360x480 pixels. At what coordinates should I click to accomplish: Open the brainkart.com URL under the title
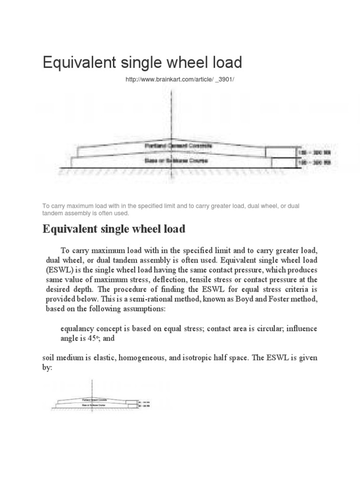click(179, 80)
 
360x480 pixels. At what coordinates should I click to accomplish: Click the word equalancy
click(80, 327)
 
